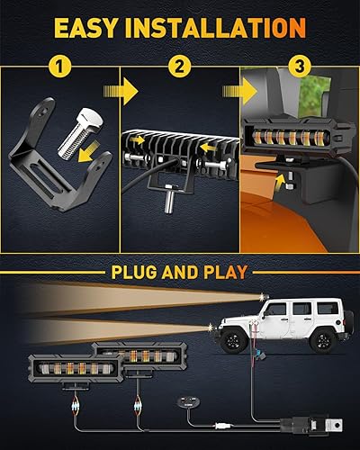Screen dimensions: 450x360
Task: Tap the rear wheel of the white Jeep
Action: [x=319, y=341]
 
